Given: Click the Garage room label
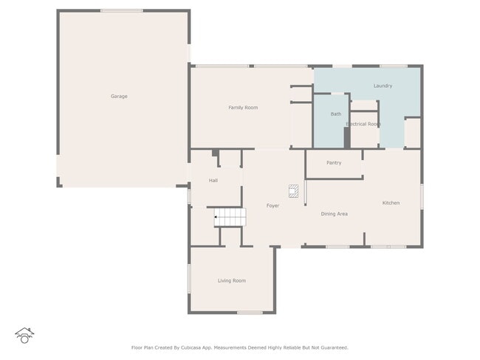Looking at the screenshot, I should point(119,96).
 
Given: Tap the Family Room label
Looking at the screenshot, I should point(243,108).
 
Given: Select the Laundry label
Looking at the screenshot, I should point(383,86).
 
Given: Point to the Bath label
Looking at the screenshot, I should point(336,114).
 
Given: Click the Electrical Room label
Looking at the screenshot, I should point(363,124).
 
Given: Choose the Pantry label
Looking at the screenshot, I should point(334,162).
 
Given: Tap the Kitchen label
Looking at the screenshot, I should point(391,203).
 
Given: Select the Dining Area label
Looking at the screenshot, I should point(334,214).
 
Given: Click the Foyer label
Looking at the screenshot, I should point(272,205).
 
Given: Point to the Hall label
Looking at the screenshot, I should point(213,180).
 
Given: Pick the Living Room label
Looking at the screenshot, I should point(232,280).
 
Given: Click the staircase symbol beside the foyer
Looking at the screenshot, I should point(230,217).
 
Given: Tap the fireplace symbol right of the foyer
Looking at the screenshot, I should point(294,192).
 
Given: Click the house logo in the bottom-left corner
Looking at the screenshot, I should point(24,335).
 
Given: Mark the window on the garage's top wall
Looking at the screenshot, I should point(122,10).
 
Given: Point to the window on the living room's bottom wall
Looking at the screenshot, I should point(250,313).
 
